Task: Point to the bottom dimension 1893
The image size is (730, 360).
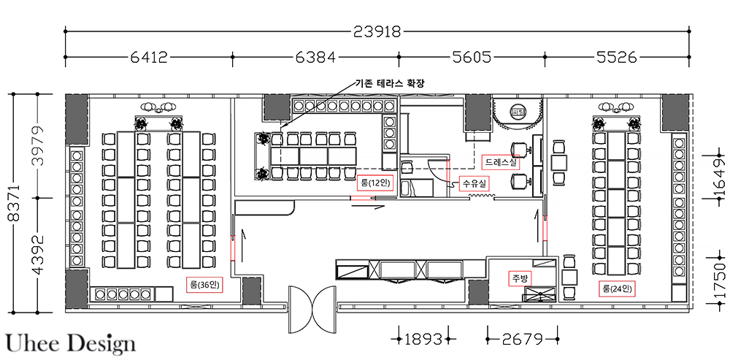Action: tap(423, 339)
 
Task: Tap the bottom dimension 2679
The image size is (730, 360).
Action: tap(523, 339)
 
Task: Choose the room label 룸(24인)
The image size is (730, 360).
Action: tap(617, 288)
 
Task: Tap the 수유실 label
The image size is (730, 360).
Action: tap(475, 182)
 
